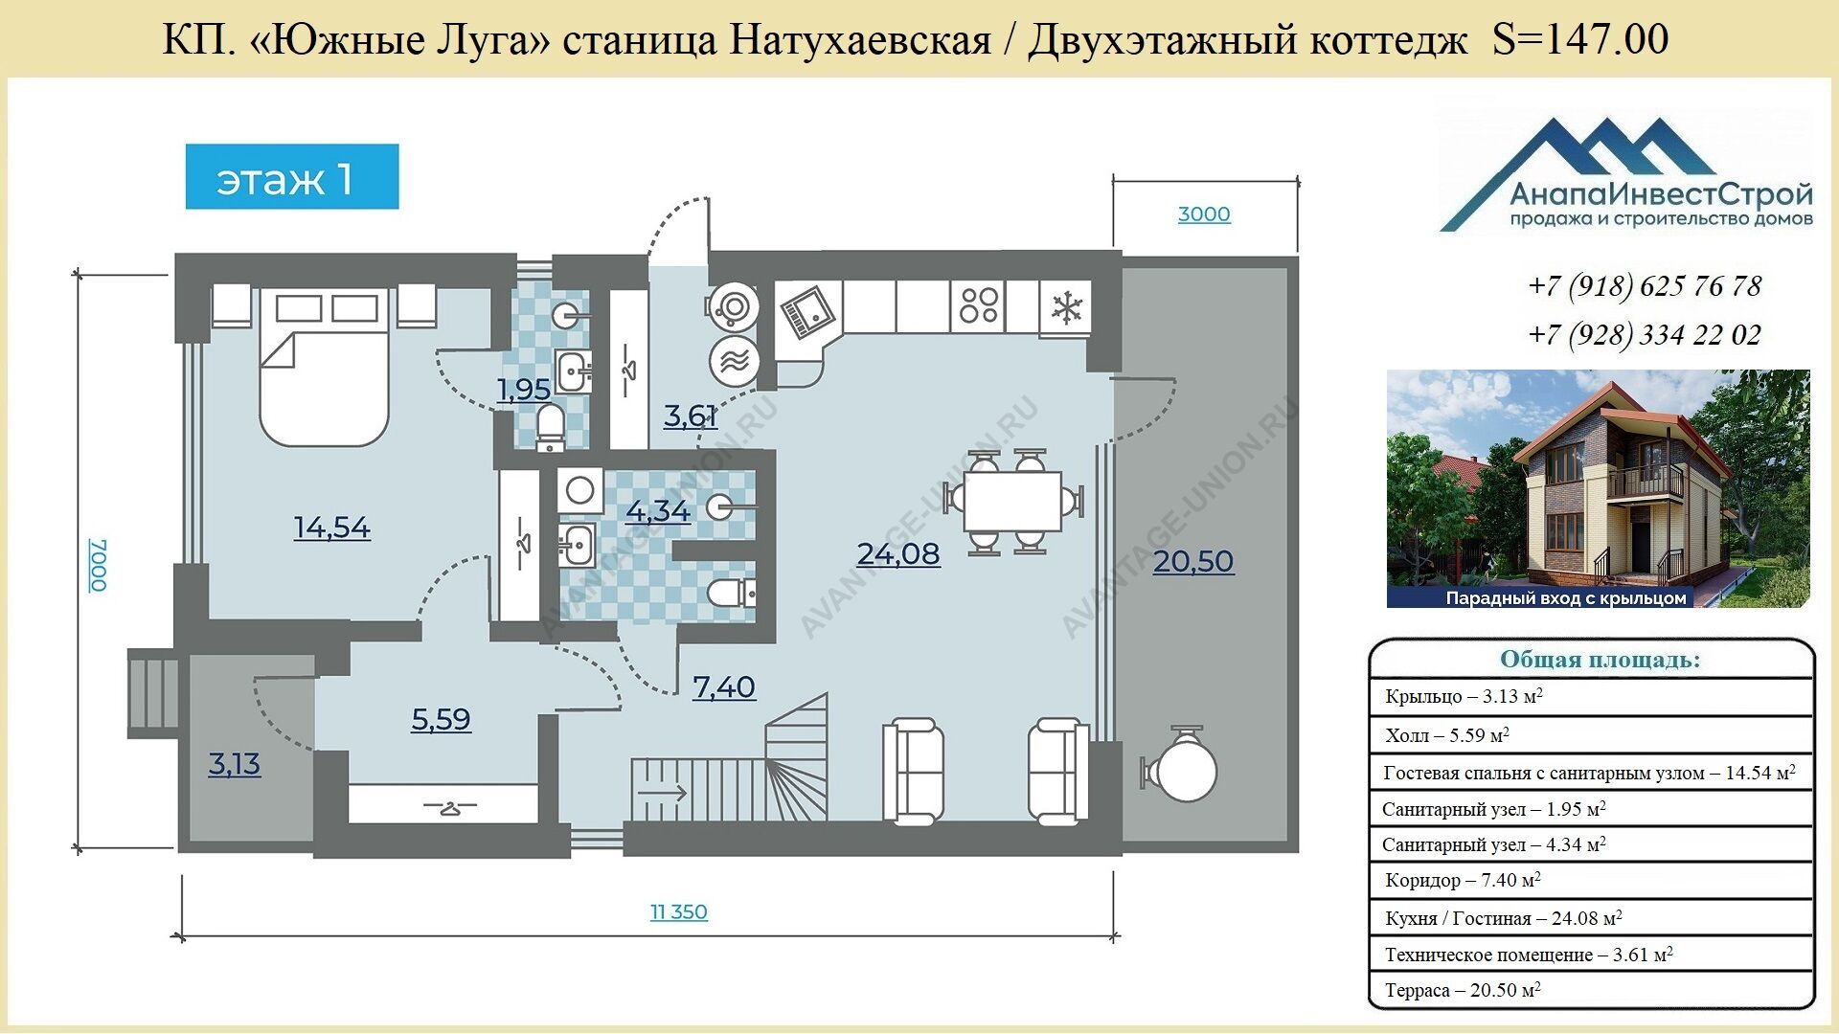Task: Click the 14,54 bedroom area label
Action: pyautogui.click(x=331, y=528)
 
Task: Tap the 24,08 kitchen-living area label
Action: pyautogui.click(x=898, y=554)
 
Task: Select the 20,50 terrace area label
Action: pyautogui.click(x=1193, y=561)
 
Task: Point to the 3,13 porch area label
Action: pyautogui.click(x=235, y=764)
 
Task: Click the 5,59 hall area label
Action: pyautogui.click(x=441, y=719)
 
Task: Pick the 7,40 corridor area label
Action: pyautogui.click(x=724, y=686)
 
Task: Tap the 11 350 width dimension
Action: pyautogui.click(x=679, y=912)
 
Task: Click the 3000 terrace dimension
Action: pyautogui.click(x=1204, y=214)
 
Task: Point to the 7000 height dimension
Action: pyautogui.click(x=98, y=565)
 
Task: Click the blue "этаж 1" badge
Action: pyautogui.click(x=292, y=176)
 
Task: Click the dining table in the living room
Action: pyautogui.click(x=1012, y=501)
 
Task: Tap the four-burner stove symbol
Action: pyautogui.click(x=979, y=306)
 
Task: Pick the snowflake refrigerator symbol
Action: pyautogui.click(x=1066, y=307)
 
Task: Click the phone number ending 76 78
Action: pyautogui.click(x=1645, y=285)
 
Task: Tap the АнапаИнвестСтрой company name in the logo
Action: pyautogui.click(x=1661, y=195)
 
